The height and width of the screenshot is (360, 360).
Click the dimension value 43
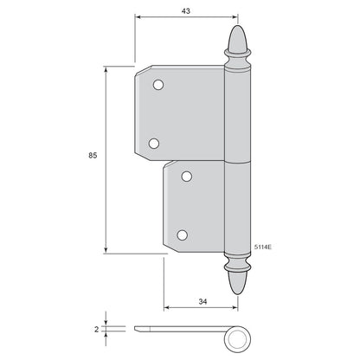186,11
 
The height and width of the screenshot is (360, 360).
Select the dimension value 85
93,155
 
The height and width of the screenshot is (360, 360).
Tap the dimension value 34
202,302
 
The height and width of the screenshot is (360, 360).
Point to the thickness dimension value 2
96,329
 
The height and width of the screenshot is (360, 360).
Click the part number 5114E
263,247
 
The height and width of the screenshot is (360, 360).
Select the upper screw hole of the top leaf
158,85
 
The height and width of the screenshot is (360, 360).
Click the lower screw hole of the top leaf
154,144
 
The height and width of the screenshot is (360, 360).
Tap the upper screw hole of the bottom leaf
187,177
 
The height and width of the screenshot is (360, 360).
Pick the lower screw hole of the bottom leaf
183,235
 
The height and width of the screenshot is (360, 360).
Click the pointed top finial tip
238,26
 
